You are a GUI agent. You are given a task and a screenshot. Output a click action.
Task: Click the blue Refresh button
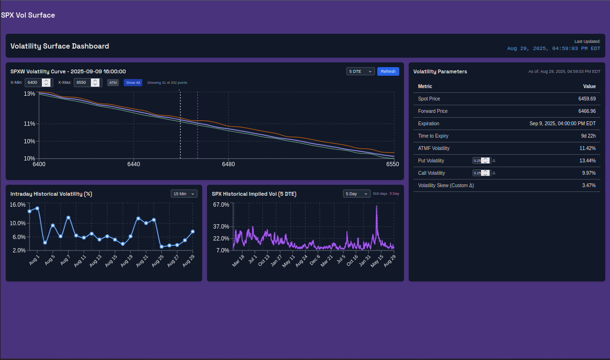[388, 71]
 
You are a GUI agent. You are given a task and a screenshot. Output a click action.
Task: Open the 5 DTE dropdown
[360, 71]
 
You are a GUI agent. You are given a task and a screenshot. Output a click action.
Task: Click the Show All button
[133, 82]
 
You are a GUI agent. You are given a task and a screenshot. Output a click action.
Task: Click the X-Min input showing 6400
[33, 82]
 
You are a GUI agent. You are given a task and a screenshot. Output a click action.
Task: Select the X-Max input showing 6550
[82, 82]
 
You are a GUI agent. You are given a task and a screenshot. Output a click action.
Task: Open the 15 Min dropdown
[184, 194]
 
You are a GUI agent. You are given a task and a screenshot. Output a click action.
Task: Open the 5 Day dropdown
[356, 194]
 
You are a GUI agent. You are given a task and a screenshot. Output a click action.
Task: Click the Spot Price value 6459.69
[587, 99]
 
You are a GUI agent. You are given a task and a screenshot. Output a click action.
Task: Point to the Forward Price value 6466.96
[587, 111]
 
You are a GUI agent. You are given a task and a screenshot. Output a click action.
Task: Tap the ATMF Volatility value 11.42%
[587, 148]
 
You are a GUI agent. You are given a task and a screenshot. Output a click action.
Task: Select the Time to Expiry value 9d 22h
[588, 136]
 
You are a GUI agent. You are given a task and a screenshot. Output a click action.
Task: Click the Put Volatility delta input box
[477, 161]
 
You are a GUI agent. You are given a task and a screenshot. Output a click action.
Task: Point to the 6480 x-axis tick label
[228, 164]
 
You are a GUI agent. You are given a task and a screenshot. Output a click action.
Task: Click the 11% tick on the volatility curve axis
[30, 124]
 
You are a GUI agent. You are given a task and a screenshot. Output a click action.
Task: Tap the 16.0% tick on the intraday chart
[18, 205]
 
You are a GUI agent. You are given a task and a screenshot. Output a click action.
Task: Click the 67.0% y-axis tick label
[221, 205]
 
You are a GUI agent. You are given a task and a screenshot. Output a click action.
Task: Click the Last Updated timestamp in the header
[554, 49]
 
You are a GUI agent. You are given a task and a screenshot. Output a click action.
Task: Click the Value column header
[590, 86]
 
